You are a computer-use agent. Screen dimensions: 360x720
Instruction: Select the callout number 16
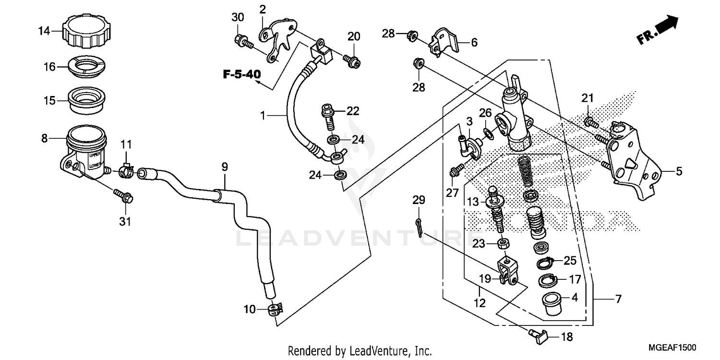coord(50,67)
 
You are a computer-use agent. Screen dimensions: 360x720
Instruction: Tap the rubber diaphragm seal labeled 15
coord(88,101)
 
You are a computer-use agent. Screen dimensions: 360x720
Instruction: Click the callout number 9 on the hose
coord(225,168)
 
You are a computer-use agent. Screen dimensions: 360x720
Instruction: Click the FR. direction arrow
coord(658,30)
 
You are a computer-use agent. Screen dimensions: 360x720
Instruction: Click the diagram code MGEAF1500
coord(672,348)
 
